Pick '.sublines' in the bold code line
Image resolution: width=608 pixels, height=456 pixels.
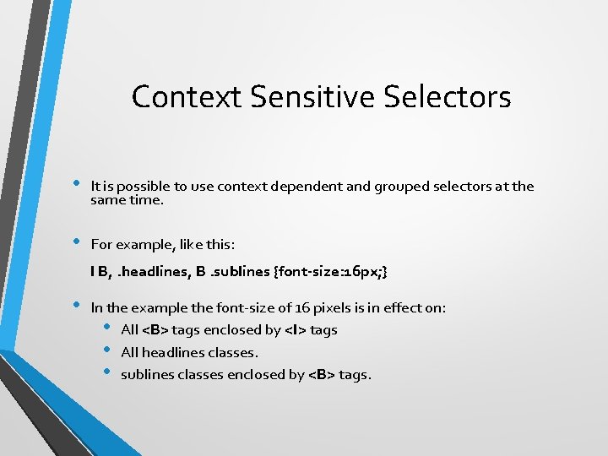pos(241,272)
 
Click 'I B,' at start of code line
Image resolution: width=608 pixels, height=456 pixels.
pos(100,272)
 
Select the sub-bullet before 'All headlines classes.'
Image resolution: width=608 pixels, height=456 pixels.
pos(107,350)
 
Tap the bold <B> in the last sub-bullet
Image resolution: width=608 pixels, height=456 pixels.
pos(322,374)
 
